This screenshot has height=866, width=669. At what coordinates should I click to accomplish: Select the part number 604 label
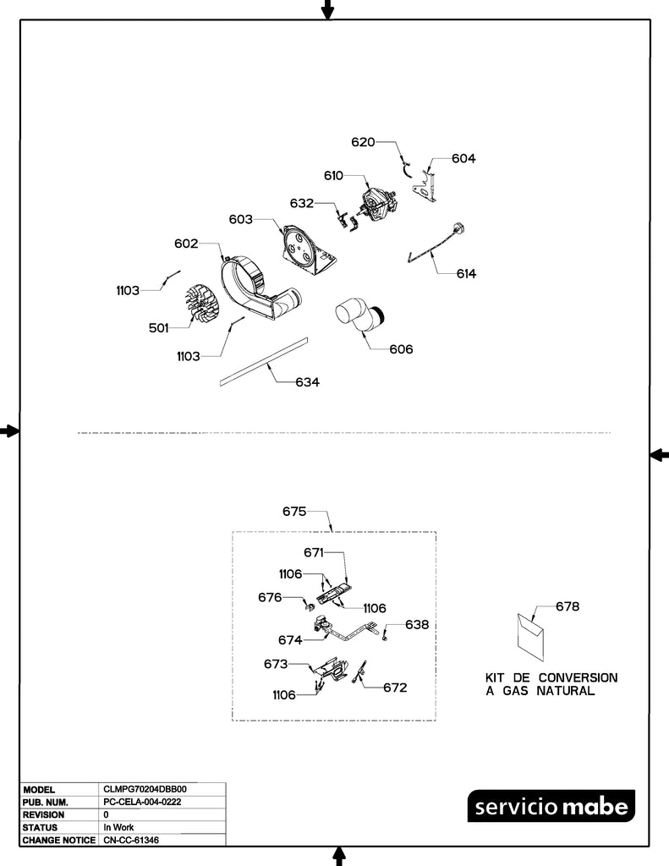coord(463,158)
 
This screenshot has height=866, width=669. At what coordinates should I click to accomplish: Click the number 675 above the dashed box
coord(293,512)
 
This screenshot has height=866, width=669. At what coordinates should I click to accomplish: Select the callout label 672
coord(395,688)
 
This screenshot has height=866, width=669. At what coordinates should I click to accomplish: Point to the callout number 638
coord(416,625)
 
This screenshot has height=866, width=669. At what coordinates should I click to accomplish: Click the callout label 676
coord(270,597)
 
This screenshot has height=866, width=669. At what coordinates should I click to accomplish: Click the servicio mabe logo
coord(551,807)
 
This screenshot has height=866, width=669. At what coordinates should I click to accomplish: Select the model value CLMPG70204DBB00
coord(139,789)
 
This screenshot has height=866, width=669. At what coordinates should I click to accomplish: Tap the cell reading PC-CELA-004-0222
coord(141,802)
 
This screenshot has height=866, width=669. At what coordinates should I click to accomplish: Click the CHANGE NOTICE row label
coord(57,841)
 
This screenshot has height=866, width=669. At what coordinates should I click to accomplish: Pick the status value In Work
coord(118,827)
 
